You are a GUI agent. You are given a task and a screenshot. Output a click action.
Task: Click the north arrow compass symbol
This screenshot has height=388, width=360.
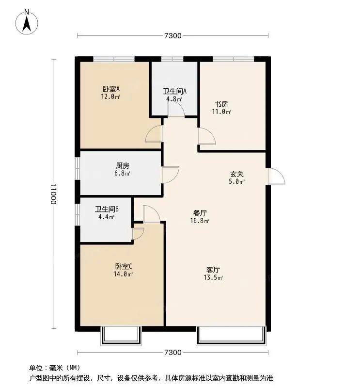[27, 22]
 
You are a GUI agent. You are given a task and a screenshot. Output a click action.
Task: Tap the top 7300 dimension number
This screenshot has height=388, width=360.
[173, 36]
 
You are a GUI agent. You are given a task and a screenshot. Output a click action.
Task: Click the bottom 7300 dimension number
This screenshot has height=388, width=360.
[173, 353]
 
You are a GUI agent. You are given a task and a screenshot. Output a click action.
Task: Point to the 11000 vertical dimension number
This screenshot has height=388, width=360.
[53, 194]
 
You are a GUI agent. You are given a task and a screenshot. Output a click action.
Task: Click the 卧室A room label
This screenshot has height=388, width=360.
[111, 89]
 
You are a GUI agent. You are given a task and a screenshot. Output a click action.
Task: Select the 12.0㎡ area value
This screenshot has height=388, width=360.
[110, 97]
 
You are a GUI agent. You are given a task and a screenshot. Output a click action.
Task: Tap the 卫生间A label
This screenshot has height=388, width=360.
[174, 92]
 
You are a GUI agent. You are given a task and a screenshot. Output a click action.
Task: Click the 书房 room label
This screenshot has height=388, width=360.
[221, 104]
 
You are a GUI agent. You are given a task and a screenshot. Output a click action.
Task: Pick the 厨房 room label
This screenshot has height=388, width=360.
[123, 165]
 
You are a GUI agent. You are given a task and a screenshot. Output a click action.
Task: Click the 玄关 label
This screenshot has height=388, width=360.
[236, 174]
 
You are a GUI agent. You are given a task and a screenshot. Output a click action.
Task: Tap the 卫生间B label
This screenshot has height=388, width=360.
[107, 210]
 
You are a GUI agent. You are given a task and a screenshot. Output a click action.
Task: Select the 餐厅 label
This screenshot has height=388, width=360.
[200, 213]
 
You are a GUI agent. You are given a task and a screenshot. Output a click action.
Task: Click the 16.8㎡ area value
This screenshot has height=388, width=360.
[200, 221]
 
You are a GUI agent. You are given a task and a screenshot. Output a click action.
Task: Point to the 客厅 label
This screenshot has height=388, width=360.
[213, 270]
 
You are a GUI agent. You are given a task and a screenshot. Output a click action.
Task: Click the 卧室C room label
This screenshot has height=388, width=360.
[124, 266]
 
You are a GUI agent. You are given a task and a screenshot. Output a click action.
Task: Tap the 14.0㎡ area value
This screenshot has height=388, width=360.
[123, 274]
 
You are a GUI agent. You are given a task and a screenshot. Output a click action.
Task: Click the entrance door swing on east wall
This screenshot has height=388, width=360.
[277, 176]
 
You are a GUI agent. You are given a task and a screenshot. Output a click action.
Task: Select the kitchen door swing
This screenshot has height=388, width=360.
[171, 175]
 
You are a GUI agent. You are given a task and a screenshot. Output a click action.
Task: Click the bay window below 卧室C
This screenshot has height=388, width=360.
[121, 336]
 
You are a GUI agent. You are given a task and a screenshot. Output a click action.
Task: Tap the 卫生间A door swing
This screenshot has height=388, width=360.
[176, 108]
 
